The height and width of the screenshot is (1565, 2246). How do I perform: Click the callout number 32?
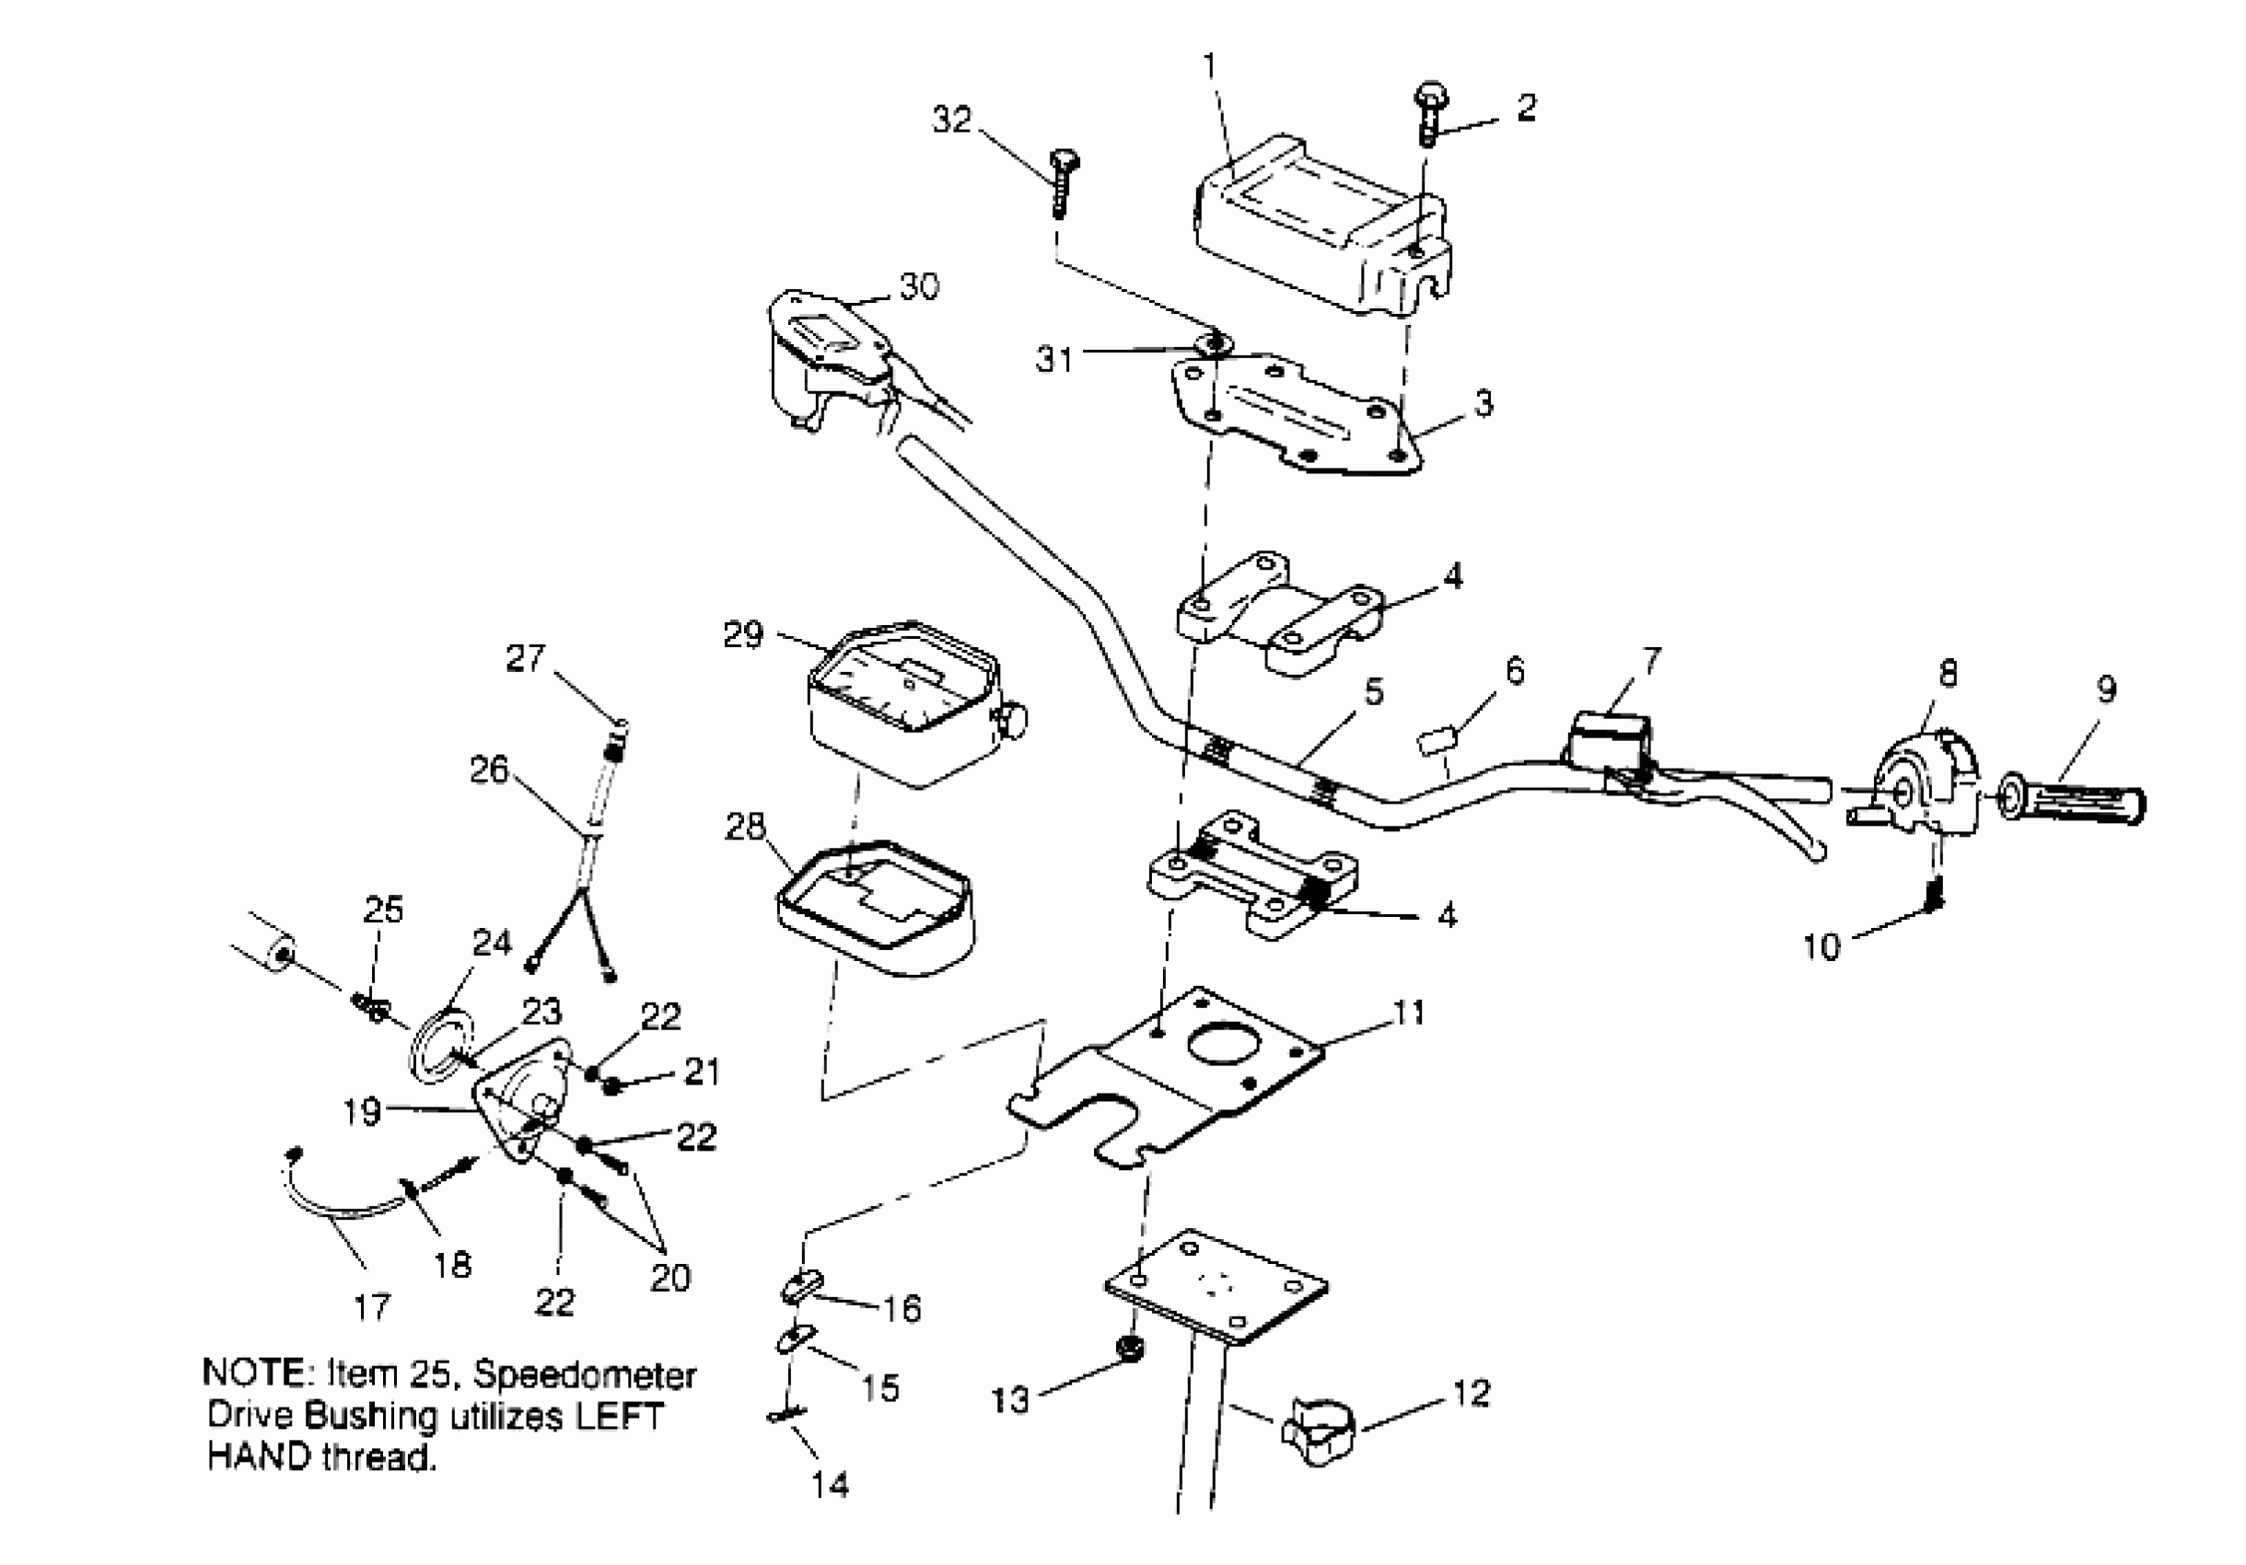952,121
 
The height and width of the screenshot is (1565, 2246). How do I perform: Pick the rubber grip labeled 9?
2074,804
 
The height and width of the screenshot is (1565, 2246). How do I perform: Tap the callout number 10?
1821,946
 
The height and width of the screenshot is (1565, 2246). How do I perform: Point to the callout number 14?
830,1486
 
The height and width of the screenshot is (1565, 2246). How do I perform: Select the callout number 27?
524,658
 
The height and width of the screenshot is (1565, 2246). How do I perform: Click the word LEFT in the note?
618,1416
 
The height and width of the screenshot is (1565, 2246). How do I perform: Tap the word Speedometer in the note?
584,1374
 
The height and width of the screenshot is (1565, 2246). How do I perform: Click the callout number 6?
1514,671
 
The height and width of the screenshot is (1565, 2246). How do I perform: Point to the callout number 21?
702,1071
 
